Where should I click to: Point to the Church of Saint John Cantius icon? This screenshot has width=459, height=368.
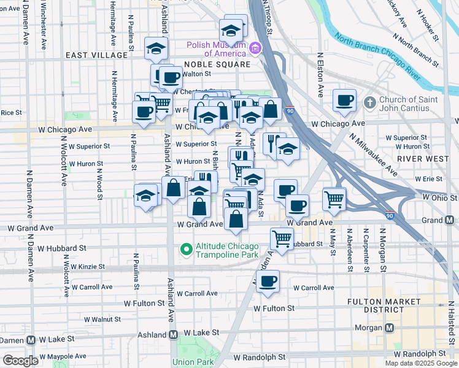[369, 101]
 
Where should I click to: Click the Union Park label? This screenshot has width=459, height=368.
[193, 362]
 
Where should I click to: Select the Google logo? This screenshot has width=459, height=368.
[20, 361]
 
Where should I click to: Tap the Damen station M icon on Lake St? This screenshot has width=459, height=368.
[29, 339]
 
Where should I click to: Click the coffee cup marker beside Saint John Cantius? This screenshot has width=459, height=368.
[344, 99]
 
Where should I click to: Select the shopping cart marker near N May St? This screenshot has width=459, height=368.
[334, 197]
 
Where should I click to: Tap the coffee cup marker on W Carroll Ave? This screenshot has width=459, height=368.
[267, 281]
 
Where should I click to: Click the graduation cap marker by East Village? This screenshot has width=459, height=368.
[156, 47]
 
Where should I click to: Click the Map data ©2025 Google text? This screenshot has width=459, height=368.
[421, 363]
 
